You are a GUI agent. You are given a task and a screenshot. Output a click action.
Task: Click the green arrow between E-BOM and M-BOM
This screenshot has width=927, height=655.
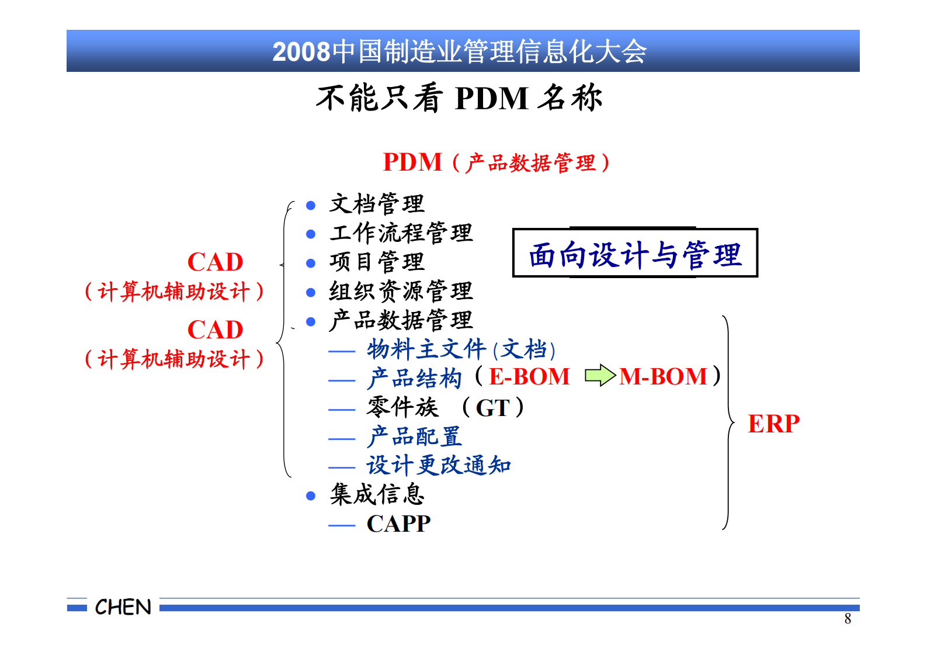click(x=600, y=376)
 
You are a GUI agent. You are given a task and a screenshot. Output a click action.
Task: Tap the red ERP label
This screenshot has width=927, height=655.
click(x=773, y=424)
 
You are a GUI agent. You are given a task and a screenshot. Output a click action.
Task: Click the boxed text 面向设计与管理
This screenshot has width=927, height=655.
click(x=635, y=254)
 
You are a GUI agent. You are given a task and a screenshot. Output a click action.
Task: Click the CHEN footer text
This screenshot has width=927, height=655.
click(x=123, y=607)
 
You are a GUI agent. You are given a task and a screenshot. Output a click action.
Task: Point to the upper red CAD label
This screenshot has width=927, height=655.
click(x=215, y=262)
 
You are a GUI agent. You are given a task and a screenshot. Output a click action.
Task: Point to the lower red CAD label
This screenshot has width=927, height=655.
click(x=215, y=330)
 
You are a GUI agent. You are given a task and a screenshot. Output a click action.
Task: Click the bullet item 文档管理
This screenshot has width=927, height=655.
click(x=377, y=204)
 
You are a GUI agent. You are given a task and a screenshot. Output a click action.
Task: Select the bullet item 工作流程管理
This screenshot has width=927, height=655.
click(x=401, y=233)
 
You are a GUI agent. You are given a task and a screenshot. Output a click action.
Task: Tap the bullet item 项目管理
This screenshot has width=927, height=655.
click(x=377, y=262)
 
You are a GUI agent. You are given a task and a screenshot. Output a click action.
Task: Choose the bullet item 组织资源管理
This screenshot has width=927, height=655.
click(x=401, y=291)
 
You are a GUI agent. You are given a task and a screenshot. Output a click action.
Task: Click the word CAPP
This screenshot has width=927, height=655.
click(x=398, y=524)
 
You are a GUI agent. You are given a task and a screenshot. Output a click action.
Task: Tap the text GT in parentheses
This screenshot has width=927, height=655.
click(x=492, y=408)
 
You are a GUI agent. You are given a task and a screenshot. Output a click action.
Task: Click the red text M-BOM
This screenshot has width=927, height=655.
click(x=664, y=377)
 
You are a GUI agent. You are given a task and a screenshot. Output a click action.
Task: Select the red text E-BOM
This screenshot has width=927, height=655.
click(x=529, y=377)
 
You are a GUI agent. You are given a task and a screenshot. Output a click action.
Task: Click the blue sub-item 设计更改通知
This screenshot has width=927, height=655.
click(x=439, y=466)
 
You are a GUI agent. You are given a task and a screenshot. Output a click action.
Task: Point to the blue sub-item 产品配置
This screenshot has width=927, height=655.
click(x=414, y=436)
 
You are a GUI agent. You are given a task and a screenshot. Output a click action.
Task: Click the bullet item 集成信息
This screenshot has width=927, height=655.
click(x=377, y=494)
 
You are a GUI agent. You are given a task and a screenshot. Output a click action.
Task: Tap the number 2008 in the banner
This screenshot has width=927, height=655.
click(x=301, y=52)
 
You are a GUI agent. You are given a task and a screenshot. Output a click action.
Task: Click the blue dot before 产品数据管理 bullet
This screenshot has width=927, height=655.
click(x=311, y=321)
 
